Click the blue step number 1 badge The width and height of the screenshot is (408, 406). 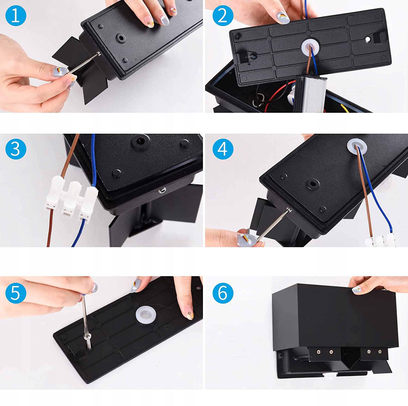pos(16,15)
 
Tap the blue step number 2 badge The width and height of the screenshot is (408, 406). pos(223,15)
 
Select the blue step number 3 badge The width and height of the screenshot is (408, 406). pos(16,149)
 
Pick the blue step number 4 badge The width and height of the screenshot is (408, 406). pos(223,149)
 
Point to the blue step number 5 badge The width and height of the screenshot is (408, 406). pos(16,293)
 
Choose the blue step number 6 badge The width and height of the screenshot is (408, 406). pos(223,293)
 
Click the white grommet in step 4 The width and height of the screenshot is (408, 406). pos(357,146)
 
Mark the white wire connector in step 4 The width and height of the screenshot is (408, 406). pos(381,240)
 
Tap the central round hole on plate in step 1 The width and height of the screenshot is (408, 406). pos(120,38)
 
